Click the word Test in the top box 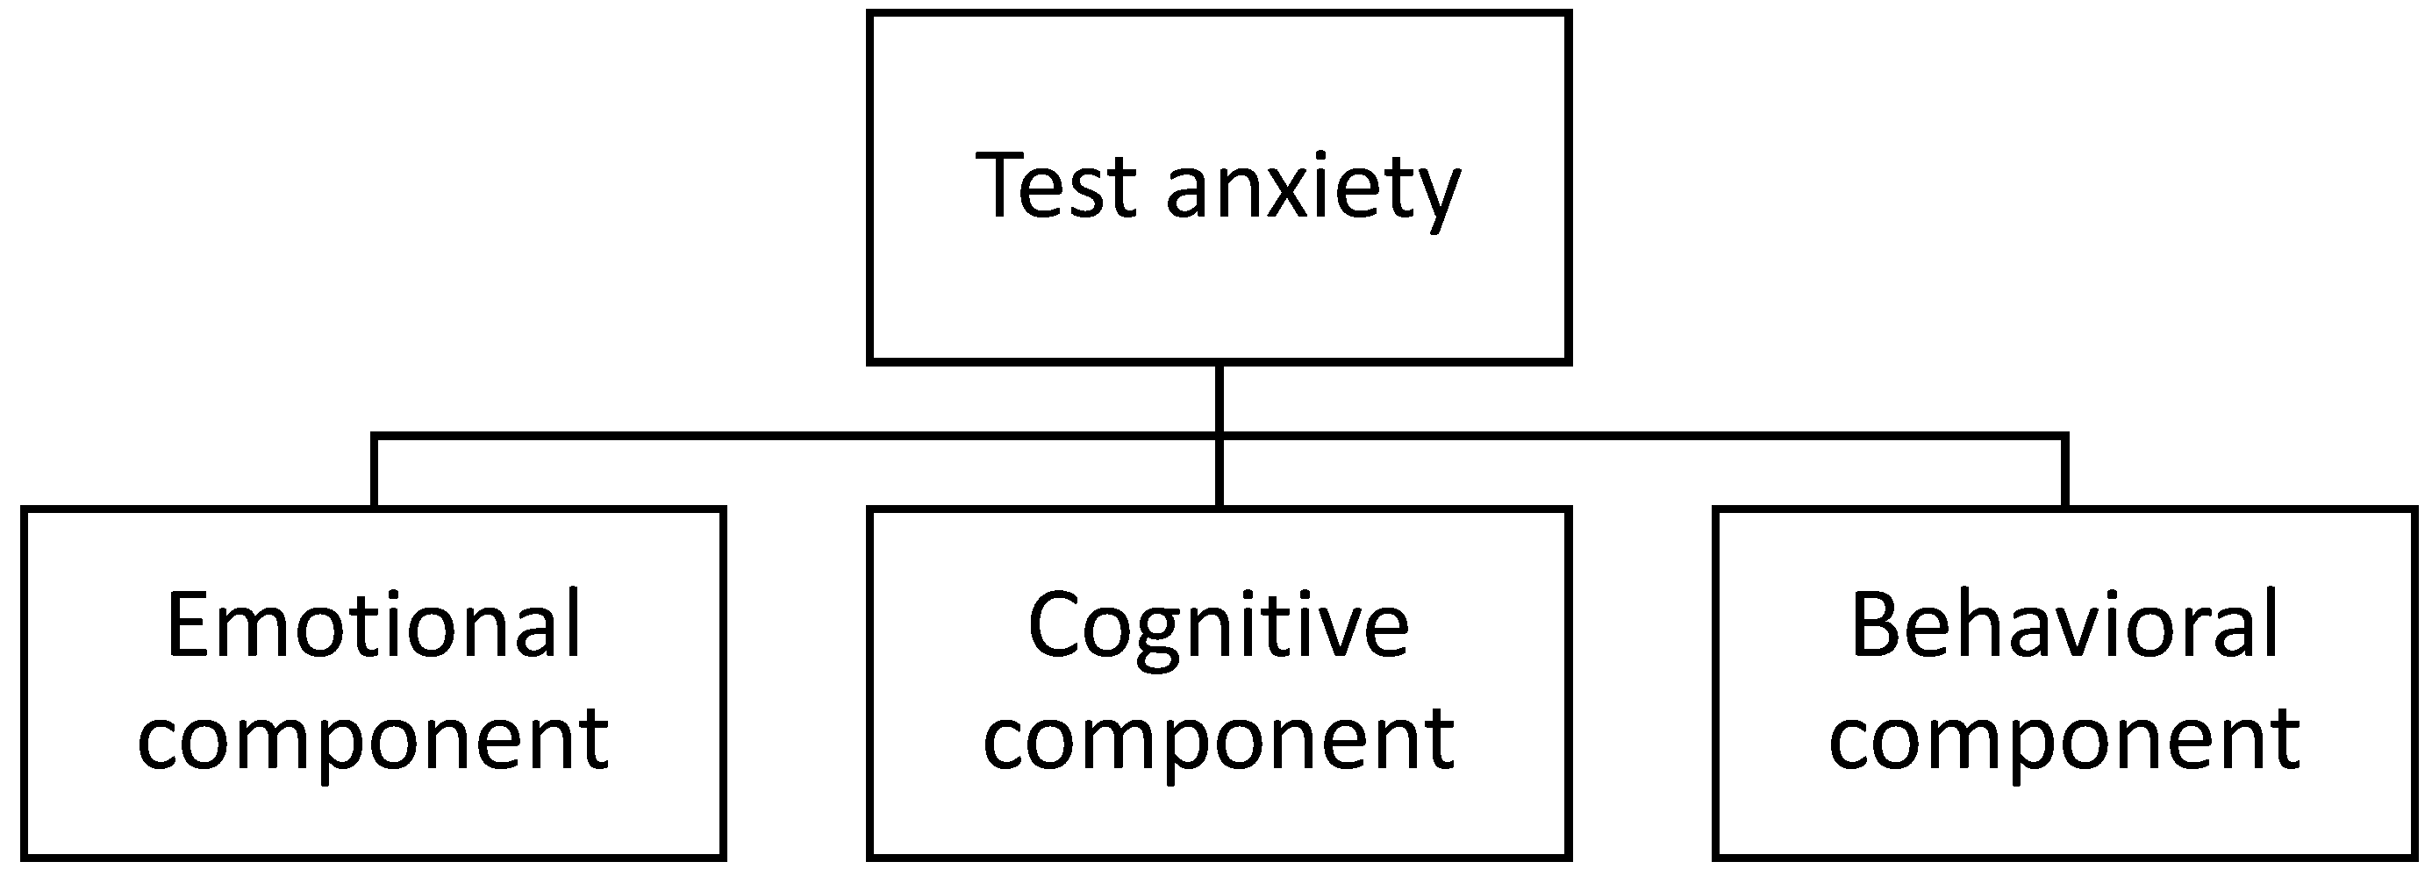[x=1055, y=186]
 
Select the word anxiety [x=1313, y=189]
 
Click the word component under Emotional [x=373, y=739]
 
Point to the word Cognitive [x=1218, y=627]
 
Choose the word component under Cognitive [x=1218, y=739]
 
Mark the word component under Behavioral [x=2064, y=739]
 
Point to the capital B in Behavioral [x=1877, y=624]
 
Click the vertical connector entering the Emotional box [x=375, y=472]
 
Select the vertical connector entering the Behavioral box [x=2064, y=472]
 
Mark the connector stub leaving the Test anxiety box [x=1219, y=397]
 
